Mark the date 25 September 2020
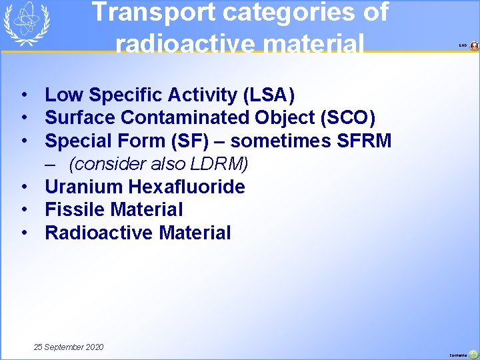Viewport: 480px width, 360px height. point(69,347)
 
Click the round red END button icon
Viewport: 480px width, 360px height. point(474,46)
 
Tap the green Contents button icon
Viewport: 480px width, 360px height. point(473,355)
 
